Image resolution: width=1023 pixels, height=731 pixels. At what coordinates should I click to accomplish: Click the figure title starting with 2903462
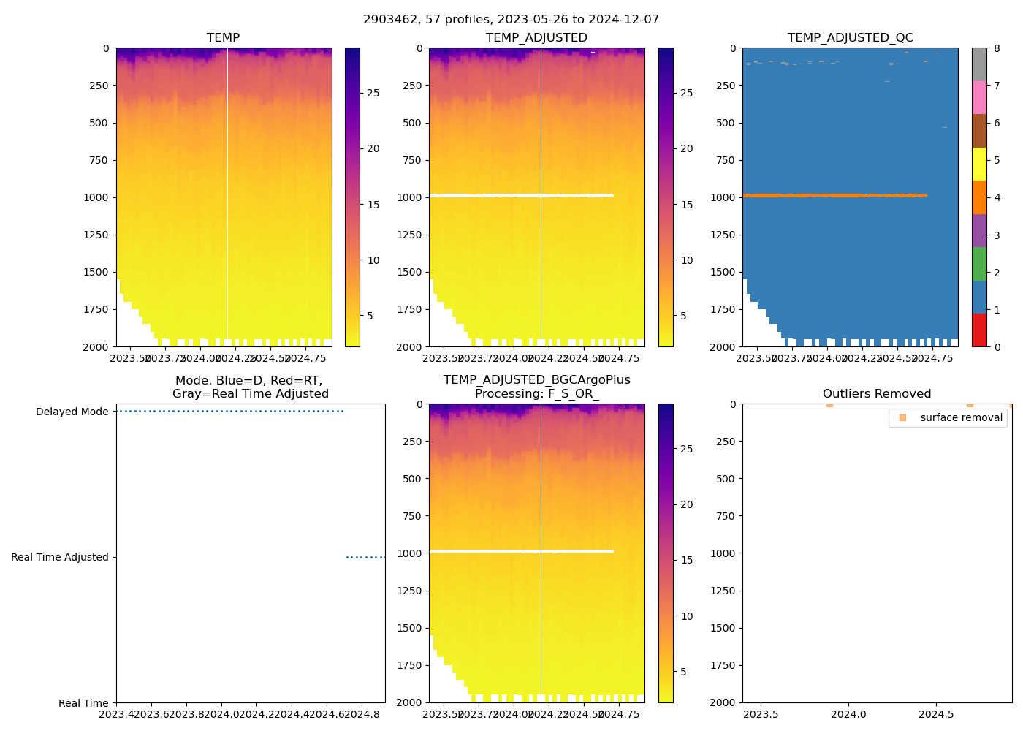click(511, 20)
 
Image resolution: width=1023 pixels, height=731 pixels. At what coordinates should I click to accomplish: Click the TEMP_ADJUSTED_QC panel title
click(850, 37)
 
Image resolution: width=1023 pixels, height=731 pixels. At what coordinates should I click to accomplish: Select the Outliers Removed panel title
click(876, 393)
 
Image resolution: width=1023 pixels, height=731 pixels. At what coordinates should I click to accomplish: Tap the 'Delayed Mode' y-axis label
click(72, 412)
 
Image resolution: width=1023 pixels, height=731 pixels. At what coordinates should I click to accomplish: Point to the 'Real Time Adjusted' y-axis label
click(60, 557)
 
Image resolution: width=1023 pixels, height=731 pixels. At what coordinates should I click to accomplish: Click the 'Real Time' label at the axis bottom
click(83, 703)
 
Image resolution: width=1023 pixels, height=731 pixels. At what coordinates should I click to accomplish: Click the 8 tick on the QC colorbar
click(997, 48)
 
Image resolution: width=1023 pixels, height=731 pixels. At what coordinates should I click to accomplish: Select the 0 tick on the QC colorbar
click(997, 346)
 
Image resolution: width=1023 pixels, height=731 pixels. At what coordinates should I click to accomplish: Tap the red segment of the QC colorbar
click(979, 330)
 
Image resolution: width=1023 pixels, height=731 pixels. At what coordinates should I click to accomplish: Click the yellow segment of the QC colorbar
click(979, 164)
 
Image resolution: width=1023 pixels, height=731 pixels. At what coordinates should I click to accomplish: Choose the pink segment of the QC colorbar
click(979, 97)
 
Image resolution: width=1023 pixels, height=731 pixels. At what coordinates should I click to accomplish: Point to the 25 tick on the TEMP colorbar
click(373, 93)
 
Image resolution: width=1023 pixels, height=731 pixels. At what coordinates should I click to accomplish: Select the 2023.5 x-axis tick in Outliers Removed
click(761, 714)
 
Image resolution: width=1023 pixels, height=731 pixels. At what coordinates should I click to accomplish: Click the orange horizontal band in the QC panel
click(833, 195)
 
